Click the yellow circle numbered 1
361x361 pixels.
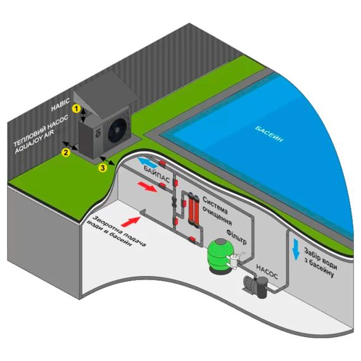pos(76,108)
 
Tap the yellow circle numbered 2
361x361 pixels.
pos(66,152)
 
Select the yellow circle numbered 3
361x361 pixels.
pos(103,168)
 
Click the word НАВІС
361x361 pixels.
pos(61,104)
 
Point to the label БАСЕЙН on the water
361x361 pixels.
pos(269,134)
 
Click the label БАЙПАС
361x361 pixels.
pos(157,174)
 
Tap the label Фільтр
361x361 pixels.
pos(236,236)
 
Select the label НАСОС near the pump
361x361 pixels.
pos(267,272)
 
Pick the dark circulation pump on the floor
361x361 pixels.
pos(256,286)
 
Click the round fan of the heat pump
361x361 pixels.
pos(117,130)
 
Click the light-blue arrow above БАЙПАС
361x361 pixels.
pos(147,161)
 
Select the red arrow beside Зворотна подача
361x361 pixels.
pos(130,222)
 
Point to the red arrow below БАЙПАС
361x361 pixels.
pos(148,186)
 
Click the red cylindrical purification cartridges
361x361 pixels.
pos(194,209)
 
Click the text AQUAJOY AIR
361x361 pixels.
pos(34,142)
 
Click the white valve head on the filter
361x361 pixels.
pos(235,260)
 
